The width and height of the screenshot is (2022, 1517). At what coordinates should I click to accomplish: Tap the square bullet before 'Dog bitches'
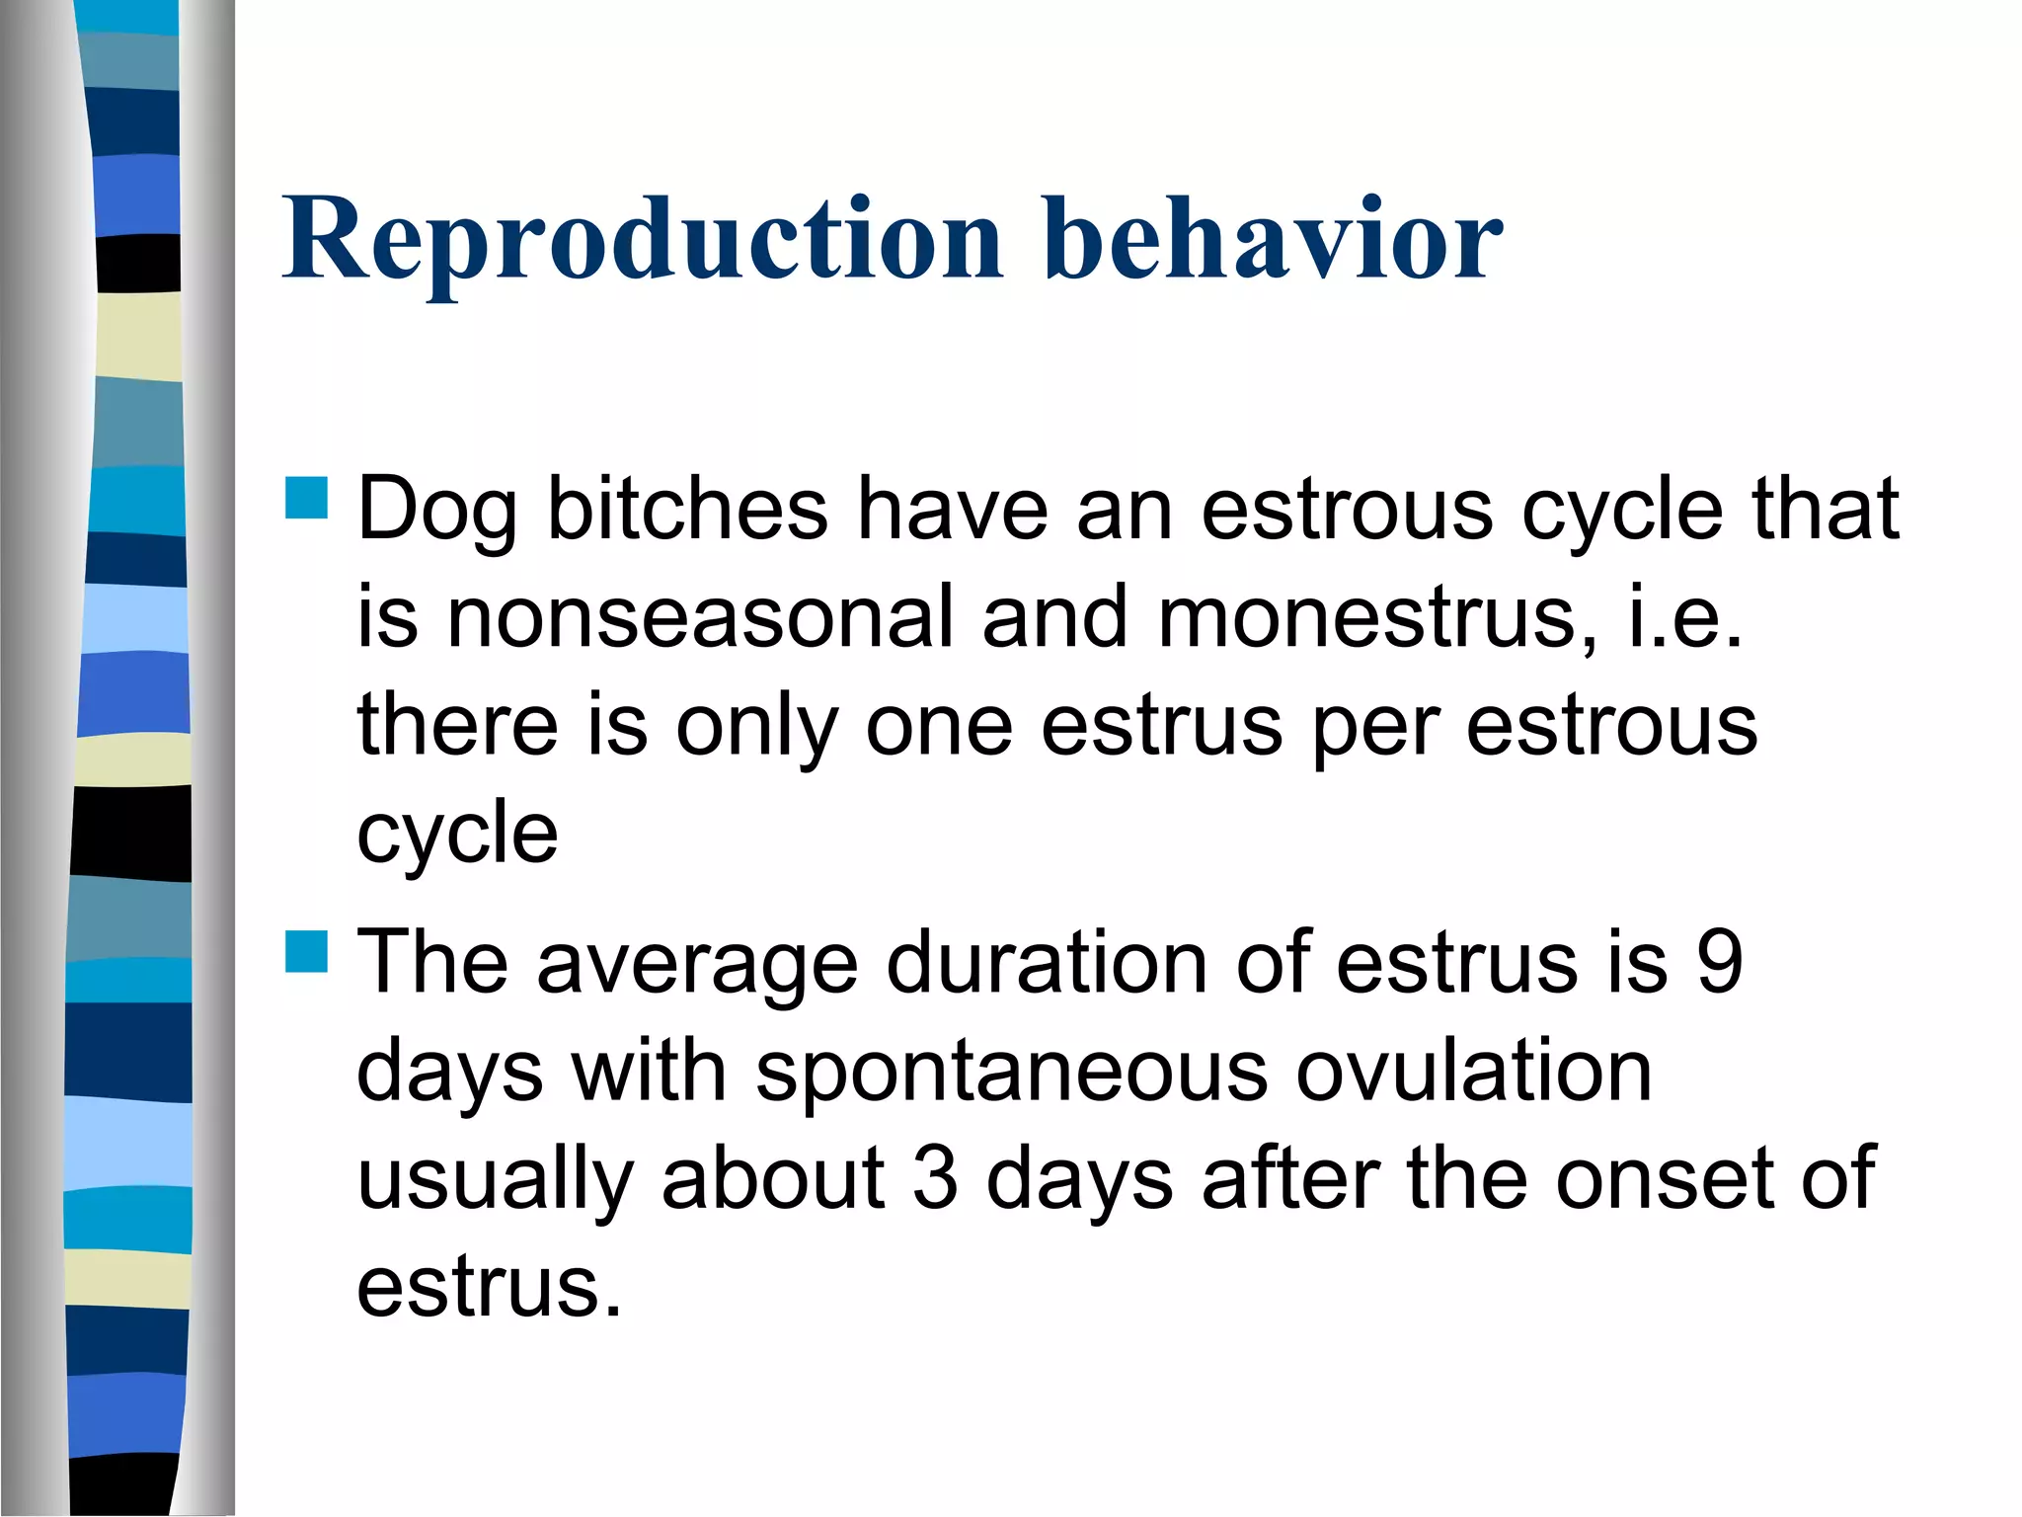306,498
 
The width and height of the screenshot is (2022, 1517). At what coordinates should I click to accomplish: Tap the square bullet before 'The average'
306,951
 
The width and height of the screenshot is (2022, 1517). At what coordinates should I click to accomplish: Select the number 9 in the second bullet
1719,963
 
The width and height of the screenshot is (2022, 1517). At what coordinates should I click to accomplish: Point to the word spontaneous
1011,1072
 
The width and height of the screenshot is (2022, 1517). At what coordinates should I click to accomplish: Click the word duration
1046,963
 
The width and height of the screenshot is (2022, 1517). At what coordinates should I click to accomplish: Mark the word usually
494,1180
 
